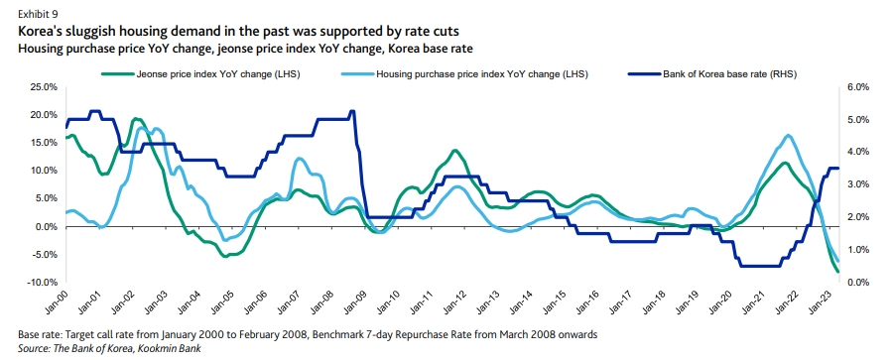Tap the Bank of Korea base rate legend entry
click(x=729, y=72)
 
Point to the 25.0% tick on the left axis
click(x=42, y=87)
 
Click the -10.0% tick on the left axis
click(x=40, y=283)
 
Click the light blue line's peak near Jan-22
click(x=789, y=136)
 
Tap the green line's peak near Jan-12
click(x=454, y=151)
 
